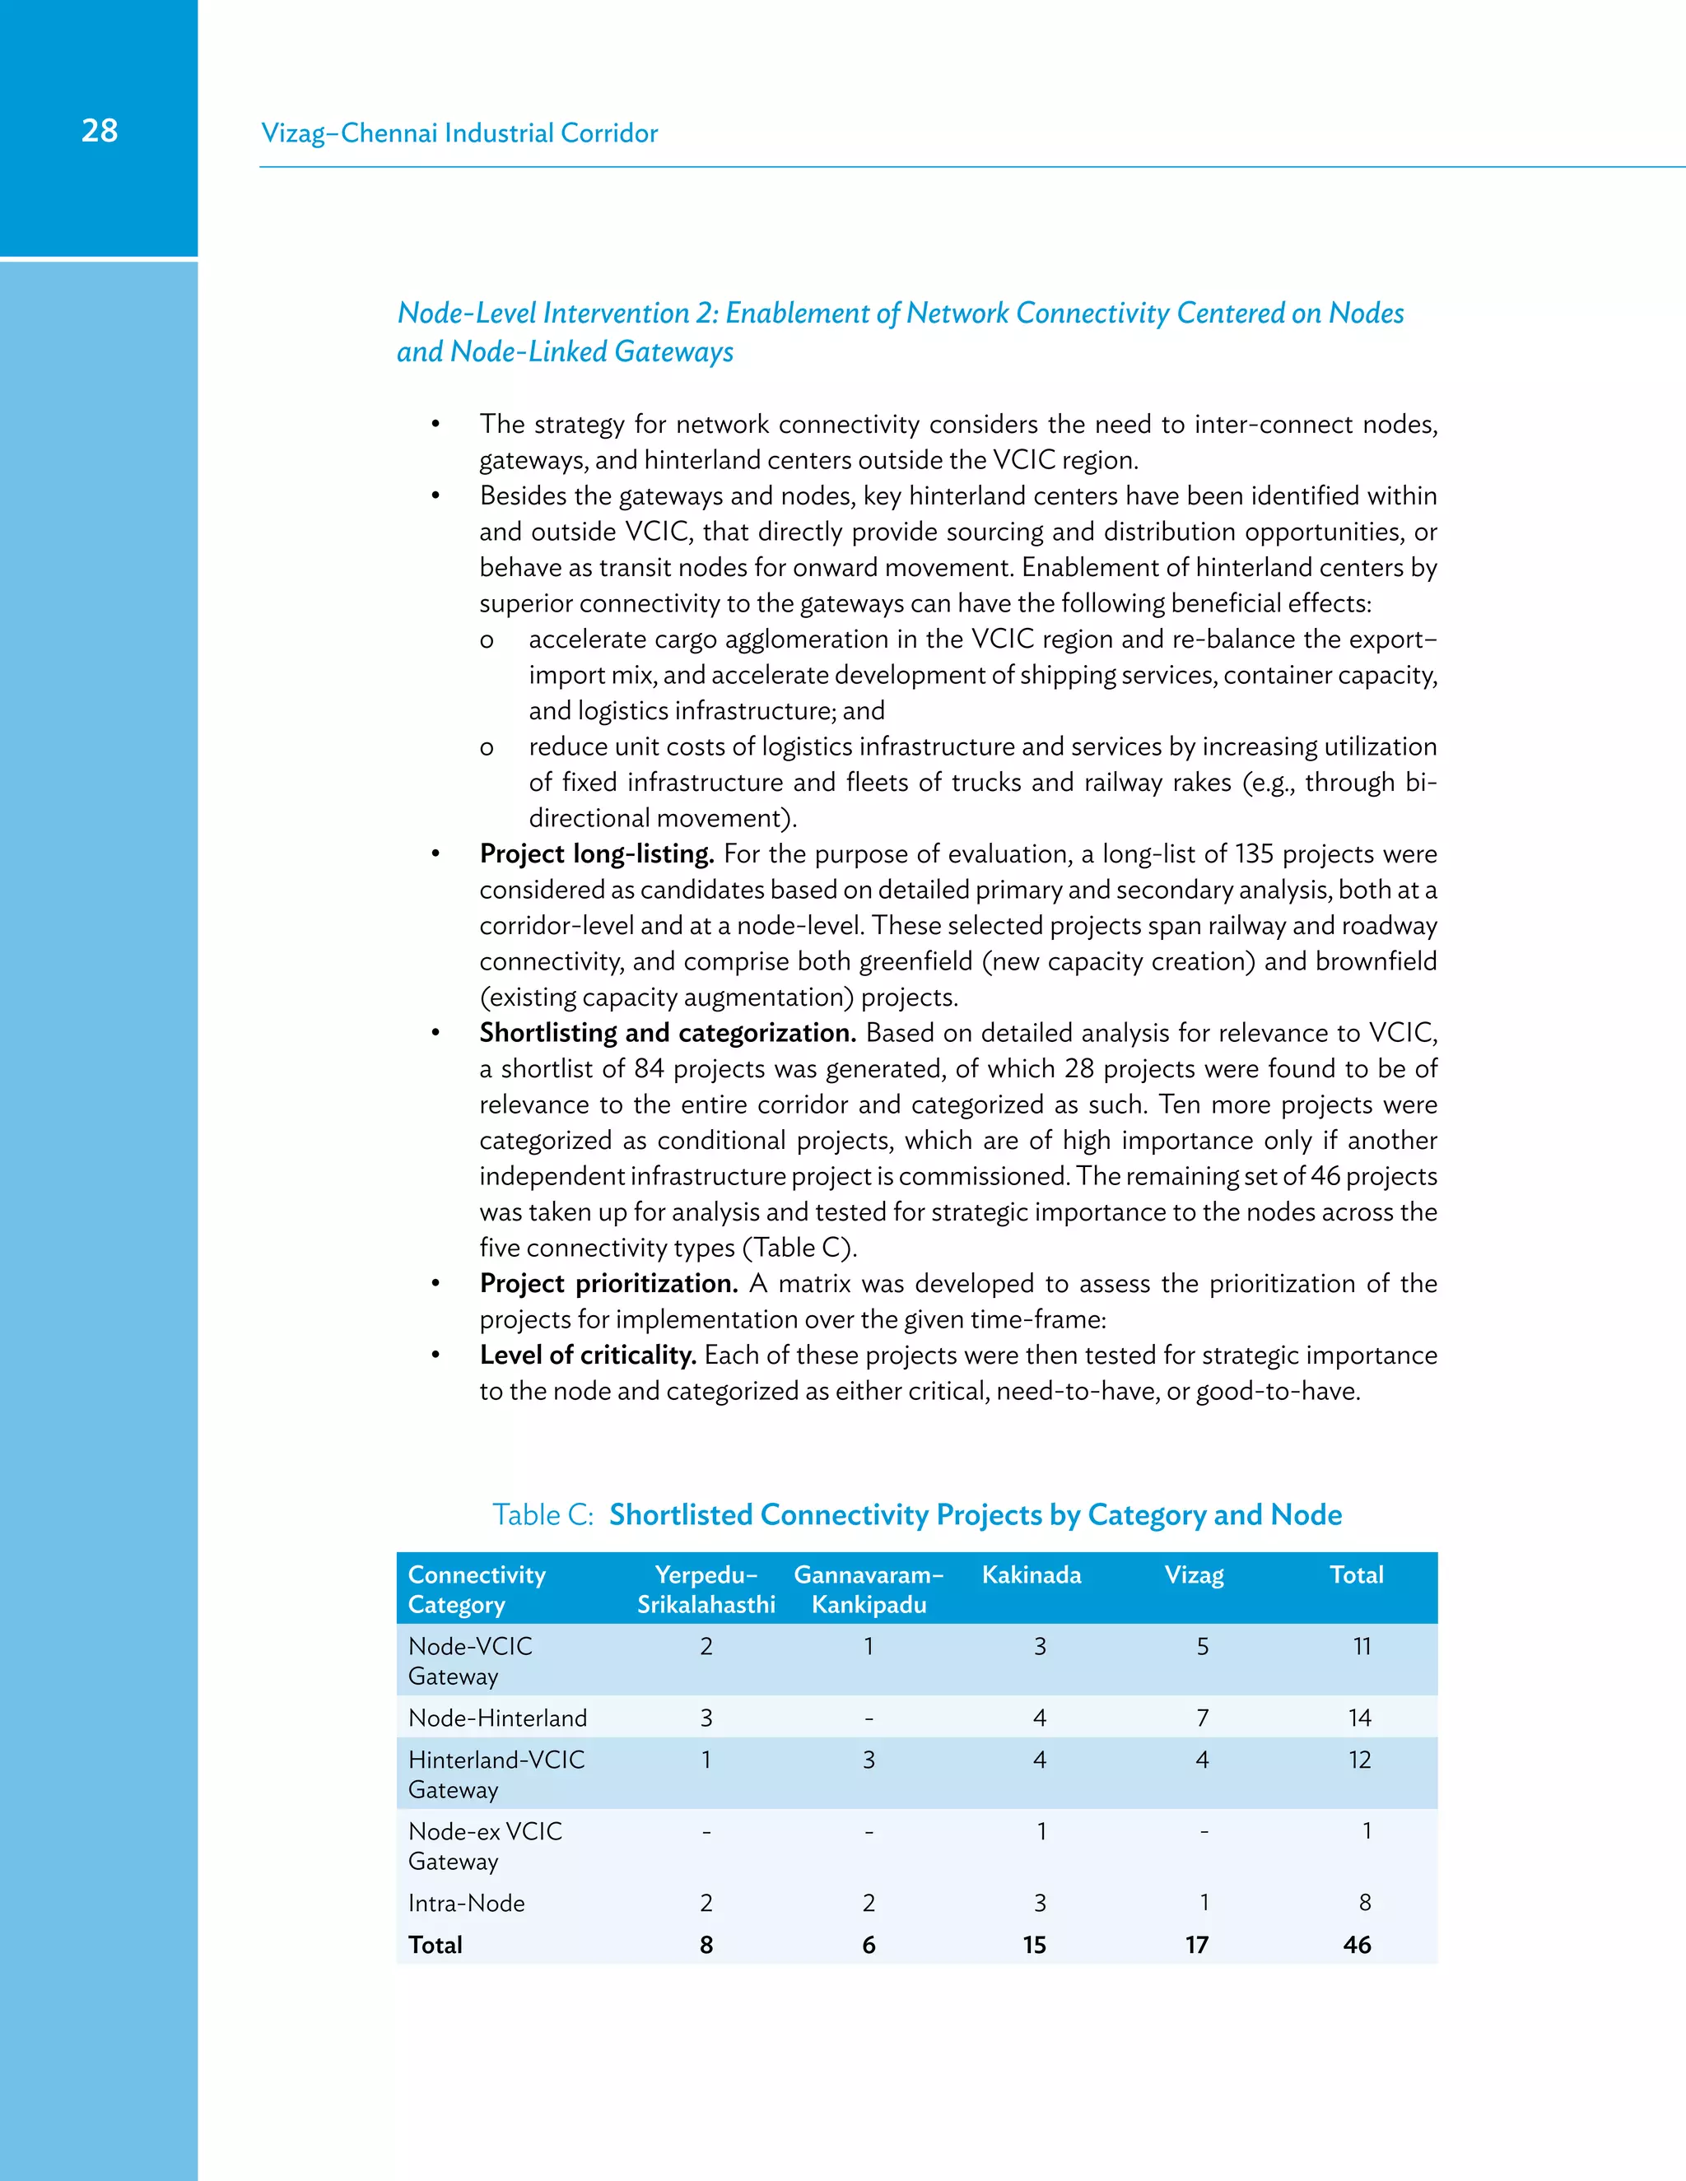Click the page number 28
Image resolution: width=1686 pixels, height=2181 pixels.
point(99,131)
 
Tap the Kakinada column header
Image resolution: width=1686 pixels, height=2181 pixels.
point(1031,1574)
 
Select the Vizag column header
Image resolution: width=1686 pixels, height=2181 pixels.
point(1194,1574)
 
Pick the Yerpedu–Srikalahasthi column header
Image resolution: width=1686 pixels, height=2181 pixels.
point(706,1590)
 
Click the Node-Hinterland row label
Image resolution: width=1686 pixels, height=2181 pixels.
point(497,1718)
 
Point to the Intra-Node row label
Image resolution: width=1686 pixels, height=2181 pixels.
point(467,1904)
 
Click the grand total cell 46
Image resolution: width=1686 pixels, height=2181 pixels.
point(1357,1946)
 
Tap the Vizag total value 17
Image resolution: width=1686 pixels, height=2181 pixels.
point(1196,1946)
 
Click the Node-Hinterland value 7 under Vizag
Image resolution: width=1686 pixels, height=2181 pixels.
point(1203,1718)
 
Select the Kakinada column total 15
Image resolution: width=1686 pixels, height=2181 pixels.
point(1034,1946)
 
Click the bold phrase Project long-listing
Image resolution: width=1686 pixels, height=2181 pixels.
point(596,853)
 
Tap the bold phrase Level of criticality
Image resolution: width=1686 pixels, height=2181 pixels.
point(587,1356)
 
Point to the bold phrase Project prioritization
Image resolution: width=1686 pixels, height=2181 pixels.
point(608,1283)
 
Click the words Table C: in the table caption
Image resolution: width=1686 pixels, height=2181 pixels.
point(543,1515)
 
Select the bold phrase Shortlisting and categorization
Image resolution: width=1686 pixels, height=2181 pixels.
point(667,1033)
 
